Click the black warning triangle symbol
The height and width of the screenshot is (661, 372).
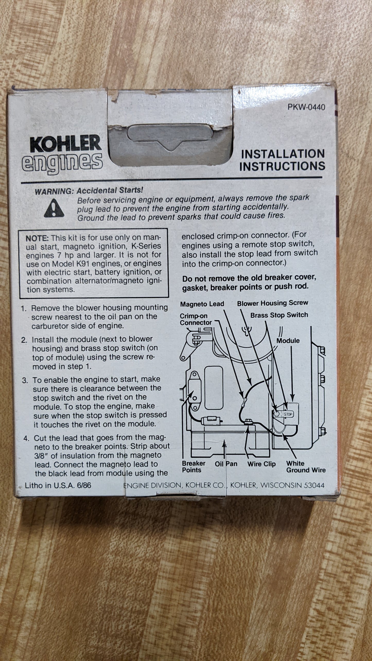[x=54, y=208]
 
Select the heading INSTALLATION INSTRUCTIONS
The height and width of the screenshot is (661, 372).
[x=282, y=160]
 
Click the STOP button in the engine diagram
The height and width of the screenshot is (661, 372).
[x=288, y=414]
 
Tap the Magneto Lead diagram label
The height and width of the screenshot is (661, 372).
[x=202, y=304]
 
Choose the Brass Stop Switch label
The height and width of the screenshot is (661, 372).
[x=279, y=315]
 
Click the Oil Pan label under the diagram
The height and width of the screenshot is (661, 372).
[x=226, y=464]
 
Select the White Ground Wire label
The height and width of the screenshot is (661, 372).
[x=306, y=467]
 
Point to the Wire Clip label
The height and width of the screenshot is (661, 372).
[x=261, y=464]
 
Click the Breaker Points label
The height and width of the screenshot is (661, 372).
[x=194, y=467]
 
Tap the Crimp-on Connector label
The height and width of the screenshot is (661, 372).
[x=196, y=319]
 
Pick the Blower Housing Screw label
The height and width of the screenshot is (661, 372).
[x=273, y=303]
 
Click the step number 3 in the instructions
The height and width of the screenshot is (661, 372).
[x=25, y=381]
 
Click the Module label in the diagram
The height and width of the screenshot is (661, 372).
[x=288, y=341]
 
